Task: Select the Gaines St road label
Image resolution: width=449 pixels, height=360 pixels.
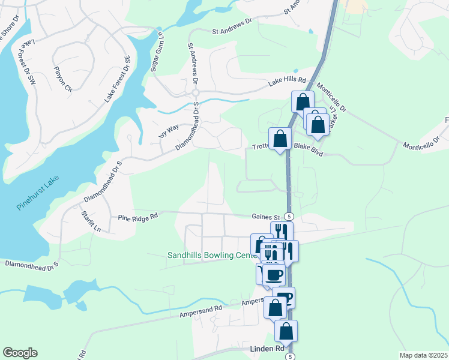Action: pos(266,217)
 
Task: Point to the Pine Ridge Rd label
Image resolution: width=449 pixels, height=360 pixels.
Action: pos(137,217)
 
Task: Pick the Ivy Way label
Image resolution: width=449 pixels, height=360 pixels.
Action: pos(169,130)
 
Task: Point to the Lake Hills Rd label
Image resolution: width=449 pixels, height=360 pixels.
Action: pos(287,80)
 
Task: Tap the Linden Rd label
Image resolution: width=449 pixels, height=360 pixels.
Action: pos(267,349)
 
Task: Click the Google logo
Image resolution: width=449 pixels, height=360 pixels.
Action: pos(20,353)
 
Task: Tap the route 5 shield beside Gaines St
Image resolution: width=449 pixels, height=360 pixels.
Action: pos(289,216)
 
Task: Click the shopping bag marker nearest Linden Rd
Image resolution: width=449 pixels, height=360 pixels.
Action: pos(286,331)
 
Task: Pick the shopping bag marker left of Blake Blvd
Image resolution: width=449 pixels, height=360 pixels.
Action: pos(280,139)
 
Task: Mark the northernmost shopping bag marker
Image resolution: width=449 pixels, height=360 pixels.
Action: pos(303,101)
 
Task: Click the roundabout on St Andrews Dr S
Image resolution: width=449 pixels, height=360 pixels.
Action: pos(196,92)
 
